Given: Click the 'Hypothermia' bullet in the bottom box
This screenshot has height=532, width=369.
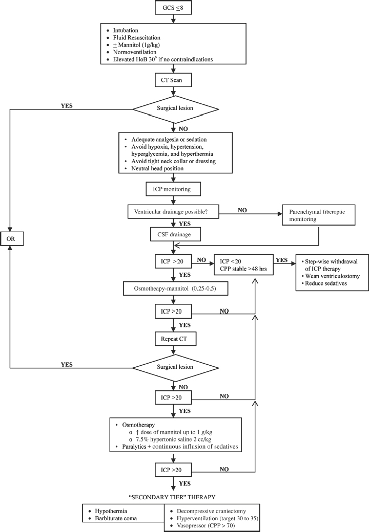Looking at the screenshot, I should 110,511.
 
